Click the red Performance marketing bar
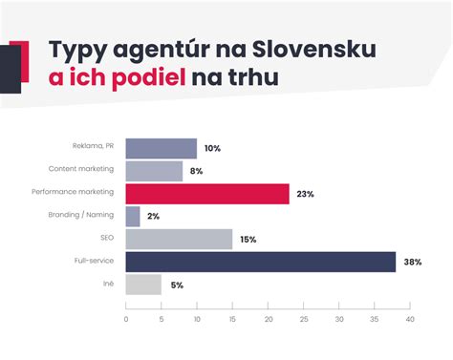206,194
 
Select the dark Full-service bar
260,262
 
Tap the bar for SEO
179,239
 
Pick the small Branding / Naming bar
133,217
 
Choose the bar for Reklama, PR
161,148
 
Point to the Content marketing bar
154,171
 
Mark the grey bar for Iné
143,285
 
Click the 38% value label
414,263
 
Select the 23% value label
306,194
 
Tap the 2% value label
154,217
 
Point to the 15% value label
248,240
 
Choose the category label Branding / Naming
81,215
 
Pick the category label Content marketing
81,169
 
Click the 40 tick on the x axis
409,319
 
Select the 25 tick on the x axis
303,319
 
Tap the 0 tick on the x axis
126,319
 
